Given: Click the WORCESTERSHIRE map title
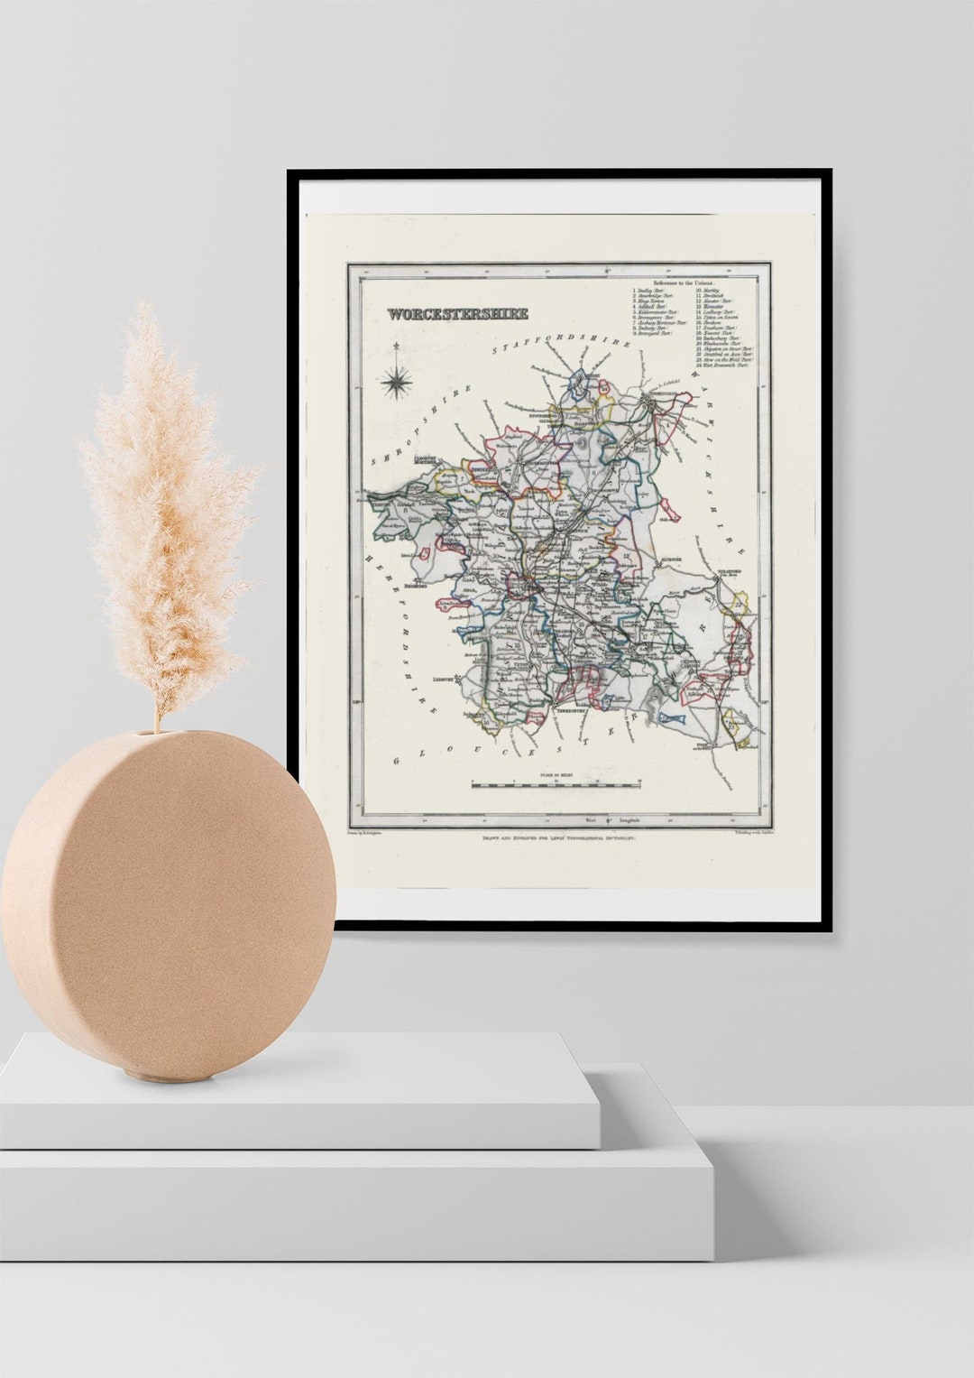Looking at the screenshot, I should [457, 315].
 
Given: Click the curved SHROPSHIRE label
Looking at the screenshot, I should [419, 427].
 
